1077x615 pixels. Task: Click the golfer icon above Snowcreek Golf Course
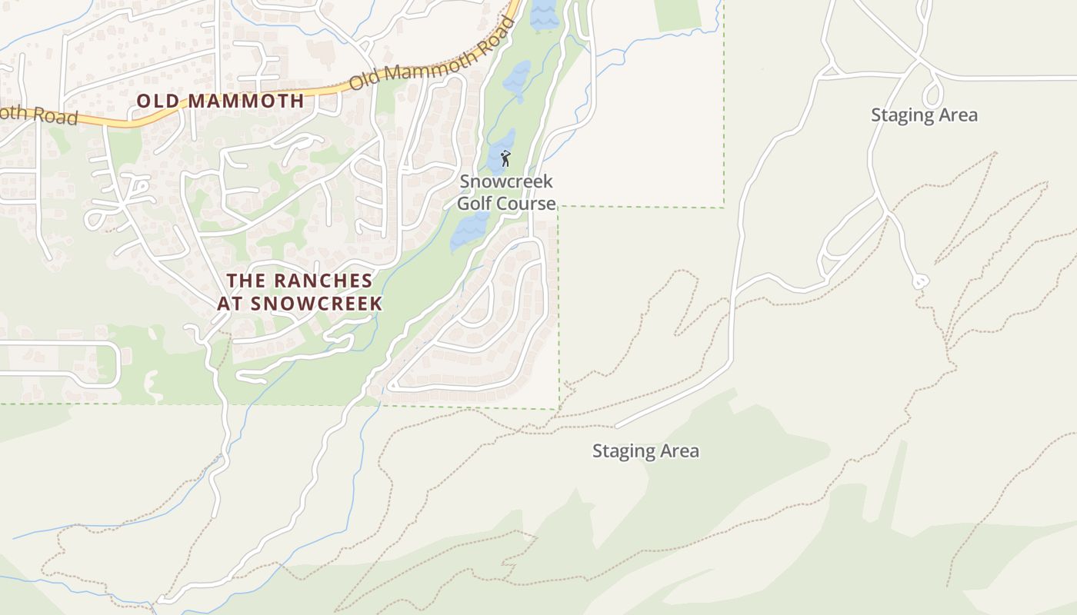click(505, 159)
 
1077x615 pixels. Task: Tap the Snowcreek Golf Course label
click(506, 193)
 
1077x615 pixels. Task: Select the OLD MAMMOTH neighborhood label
click(221, 101)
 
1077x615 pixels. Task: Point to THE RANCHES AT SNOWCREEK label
click(299, 292)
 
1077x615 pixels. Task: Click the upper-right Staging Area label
click(924, 115)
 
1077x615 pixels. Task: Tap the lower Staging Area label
click(645, 451)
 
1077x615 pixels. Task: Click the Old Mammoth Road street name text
click(432, 54)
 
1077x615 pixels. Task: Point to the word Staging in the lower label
click(623, 451)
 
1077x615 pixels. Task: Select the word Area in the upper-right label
click(958, 115)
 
